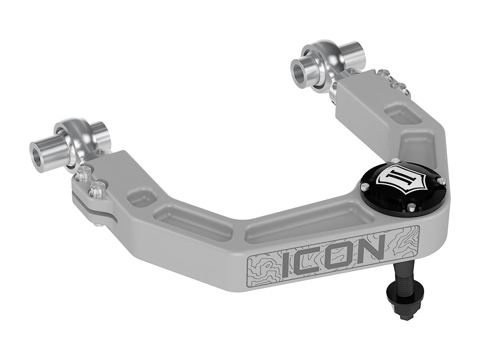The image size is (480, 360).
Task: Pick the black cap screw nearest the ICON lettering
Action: pyautogui.click(x=410, y=205)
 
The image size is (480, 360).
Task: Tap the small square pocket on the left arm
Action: pyautogui.click(x=140, y=197)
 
